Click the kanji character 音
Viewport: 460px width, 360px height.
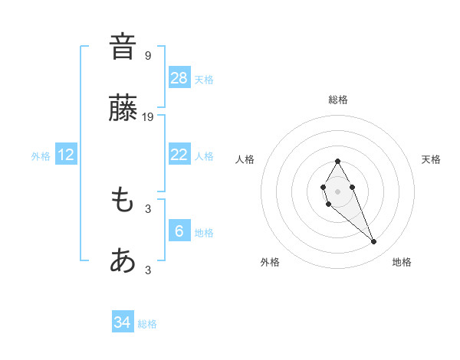pyautogui.click(x=123, y=47)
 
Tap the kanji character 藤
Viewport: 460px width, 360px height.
pyautogui.click(x=123, y=110)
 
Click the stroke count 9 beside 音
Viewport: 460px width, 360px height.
pyautogui.click(x=148, y=55)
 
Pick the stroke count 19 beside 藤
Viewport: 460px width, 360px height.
pyautogui.click(x=148, y=117)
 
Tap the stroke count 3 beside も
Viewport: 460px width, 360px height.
pyautogui.click(x=148, y=208)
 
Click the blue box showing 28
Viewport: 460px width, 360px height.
pyautogui.click(x=179, y=77)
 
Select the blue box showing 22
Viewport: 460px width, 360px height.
pyautogui.click(x=179, y=155)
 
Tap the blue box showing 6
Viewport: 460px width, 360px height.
pyautogui.click(x=179, y=231)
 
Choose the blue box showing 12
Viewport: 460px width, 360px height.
pyautogui.click(x=67, y=155)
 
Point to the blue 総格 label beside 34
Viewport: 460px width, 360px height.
pyautogui.click(x=147, y=324)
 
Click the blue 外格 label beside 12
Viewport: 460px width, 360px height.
pyautogui.click(x=41, y=156)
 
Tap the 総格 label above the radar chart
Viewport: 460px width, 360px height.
pyautogui.click(x=338, y=100)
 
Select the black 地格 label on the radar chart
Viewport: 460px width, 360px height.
pyautogui.click(x=402, y=262)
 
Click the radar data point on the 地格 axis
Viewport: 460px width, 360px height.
pyautogui.click(x=374, y=242)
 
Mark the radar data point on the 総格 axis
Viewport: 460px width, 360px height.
pyautogui.click(x=337, y=161)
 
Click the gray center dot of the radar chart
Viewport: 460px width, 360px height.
pyautogui.click(x=337, y=190)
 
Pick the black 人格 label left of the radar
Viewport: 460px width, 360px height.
pyautogui.click(x=245, y=159)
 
